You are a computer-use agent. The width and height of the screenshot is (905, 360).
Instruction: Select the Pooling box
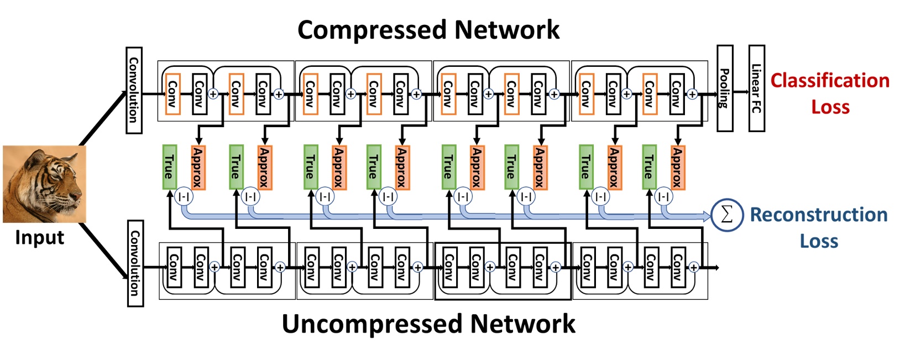pos(725,88)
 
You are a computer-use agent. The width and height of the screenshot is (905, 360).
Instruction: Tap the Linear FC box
pos(756,88)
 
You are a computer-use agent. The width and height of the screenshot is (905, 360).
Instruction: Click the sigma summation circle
pos(726,215)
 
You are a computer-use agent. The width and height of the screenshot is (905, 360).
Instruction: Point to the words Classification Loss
pos(830,93)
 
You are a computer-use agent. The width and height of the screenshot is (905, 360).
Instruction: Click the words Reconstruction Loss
pos(818,227)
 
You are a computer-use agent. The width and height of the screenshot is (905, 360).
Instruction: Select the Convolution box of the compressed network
pos(134,90)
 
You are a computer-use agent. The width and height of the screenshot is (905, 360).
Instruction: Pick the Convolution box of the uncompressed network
pos(135,263)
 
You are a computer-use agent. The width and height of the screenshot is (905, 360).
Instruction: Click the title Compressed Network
pos(428,30)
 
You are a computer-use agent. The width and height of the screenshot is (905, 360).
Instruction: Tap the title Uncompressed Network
pos(428,324)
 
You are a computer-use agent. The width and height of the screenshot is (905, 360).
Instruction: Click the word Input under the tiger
pos(39,238)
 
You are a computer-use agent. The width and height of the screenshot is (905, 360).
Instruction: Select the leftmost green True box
pos(169,167)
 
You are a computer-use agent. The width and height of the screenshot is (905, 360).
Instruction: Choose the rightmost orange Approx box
pos(677,167)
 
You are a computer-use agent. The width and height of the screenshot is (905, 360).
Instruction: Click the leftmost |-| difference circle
pos(184,196)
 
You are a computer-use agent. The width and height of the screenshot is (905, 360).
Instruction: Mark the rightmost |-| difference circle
pos(663,196)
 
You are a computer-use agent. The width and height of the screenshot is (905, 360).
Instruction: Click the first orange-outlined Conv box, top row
pos(172,94)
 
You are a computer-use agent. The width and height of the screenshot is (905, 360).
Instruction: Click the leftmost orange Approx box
pos(198,167)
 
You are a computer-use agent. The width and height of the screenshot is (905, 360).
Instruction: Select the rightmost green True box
pos(649,167)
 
